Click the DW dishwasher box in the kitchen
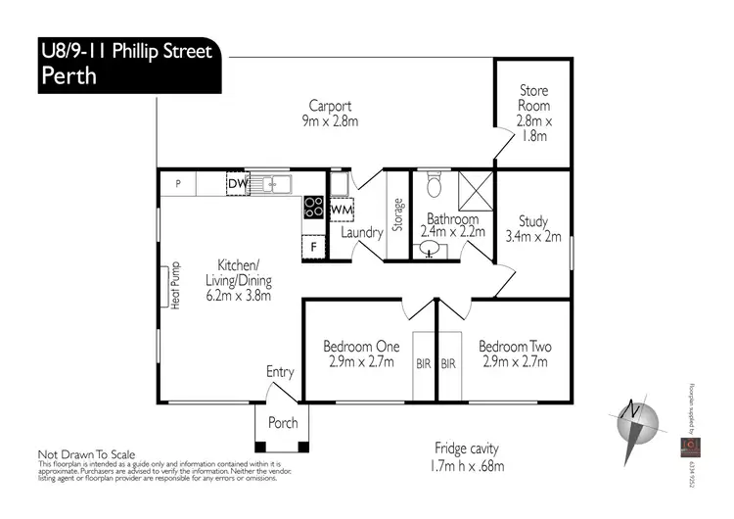coord(237,183)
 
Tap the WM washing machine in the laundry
coord(341,211)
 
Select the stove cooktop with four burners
coord(314,207)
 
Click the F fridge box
coord(313,247)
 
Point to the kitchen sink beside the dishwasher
coord(270,183)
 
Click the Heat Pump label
coord(176,285)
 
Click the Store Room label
coord(534,114)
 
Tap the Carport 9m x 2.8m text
coord(331,116)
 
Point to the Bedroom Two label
coord(514,354)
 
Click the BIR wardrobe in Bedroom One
coord(422,362)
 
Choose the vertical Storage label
coord(397,215)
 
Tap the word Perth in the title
coord(69,76)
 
